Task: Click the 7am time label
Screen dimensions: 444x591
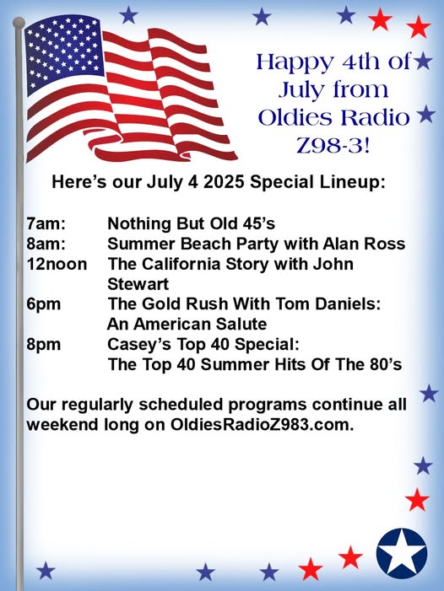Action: (x=46, y=223)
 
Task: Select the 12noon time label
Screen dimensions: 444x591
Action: (x=57, y=264)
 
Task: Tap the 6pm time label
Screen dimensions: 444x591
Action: (x=43, y=304)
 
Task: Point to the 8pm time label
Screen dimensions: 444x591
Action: (x=43, y=345)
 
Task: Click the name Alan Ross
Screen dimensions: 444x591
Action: (x=364, y=244)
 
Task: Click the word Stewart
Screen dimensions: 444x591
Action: (x=138, y=284)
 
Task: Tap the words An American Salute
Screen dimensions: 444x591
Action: (x=187, y=324)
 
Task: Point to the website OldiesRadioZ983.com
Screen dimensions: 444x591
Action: (x=263, y=425)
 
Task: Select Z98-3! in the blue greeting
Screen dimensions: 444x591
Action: (x=333, y=146)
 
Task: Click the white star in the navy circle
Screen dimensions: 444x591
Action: (x=402, y=553)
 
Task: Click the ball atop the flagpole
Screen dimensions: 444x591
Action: (x=19, y=23)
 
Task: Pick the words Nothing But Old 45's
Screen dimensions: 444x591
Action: (x=192, y=223)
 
